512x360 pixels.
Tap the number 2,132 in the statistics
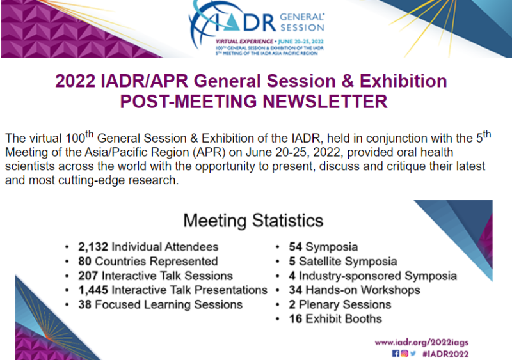point(94,247)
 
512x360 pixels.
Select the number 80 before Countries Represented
point(85,261)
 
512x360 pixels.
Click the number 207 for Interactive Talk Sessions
point(88,276)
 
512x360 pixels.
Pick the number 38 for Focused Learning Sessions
point(85,304)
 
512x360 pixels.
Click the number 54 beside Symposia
point(296,247)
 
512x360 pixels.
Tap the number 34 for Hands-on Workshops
point(296,290)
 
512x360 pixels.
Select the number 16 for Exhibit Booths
point(296,318)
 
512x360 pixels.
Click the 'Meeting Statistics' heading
point(253,221)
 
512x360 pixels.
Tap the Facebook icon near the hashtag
point(396,354)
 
